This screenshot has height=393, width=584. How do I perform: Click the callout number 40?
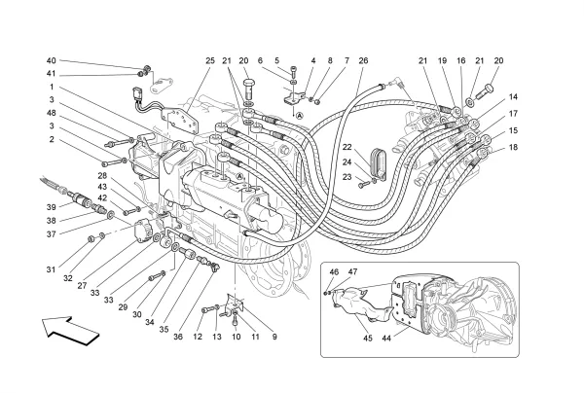tap(51, 60)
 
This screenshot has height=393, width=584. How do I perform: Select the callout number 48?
tap(51, 114)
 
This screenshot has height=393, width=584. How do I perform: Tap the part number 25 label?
tap(209, 61)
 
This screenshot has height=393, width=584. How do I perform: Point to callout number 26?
tap(363, 61)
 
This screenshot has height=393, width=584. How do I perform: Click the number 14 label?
tap(513, 97)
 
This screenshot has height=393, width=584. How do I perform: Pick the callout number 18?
tap(513, 147)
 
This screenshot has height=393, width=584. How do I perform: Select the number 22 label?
tap(347, 147)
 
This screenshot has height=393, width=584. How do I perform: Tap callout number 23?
tap(347, 177)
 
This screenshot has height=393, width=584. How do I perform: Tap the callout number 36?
tap(179, 338)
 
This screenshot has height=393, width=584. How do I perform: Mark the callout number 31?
tap(51, 269)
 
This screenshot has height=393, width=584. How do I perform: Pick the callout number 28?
tap(101, 176)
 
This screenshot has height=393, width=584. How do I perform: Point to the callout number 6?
tap(260, 61)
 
